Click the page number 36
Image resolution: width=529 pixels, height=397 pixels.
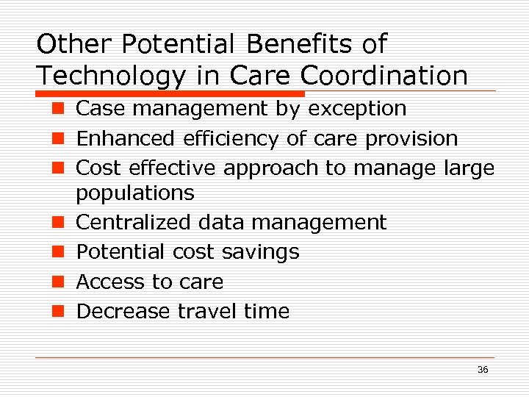pyautogui.click(x=483, y=370)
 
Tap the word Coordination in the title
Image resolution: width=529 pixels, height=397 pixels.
pyautogui.click(x=384, y=75)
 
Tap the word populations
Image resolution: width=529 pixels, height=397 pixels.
pyautogui.click(x=135, y=193)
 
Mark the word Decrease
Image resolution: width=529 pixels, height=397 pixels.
pyautogui.click(x=123, y=311)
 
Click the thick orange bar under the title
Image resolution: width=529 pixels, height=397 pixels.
pyautogui.click(x=170, y=94)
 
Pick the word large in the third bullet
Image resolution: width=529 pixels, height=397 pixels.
pyautogui.click(x=469, y=168)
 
